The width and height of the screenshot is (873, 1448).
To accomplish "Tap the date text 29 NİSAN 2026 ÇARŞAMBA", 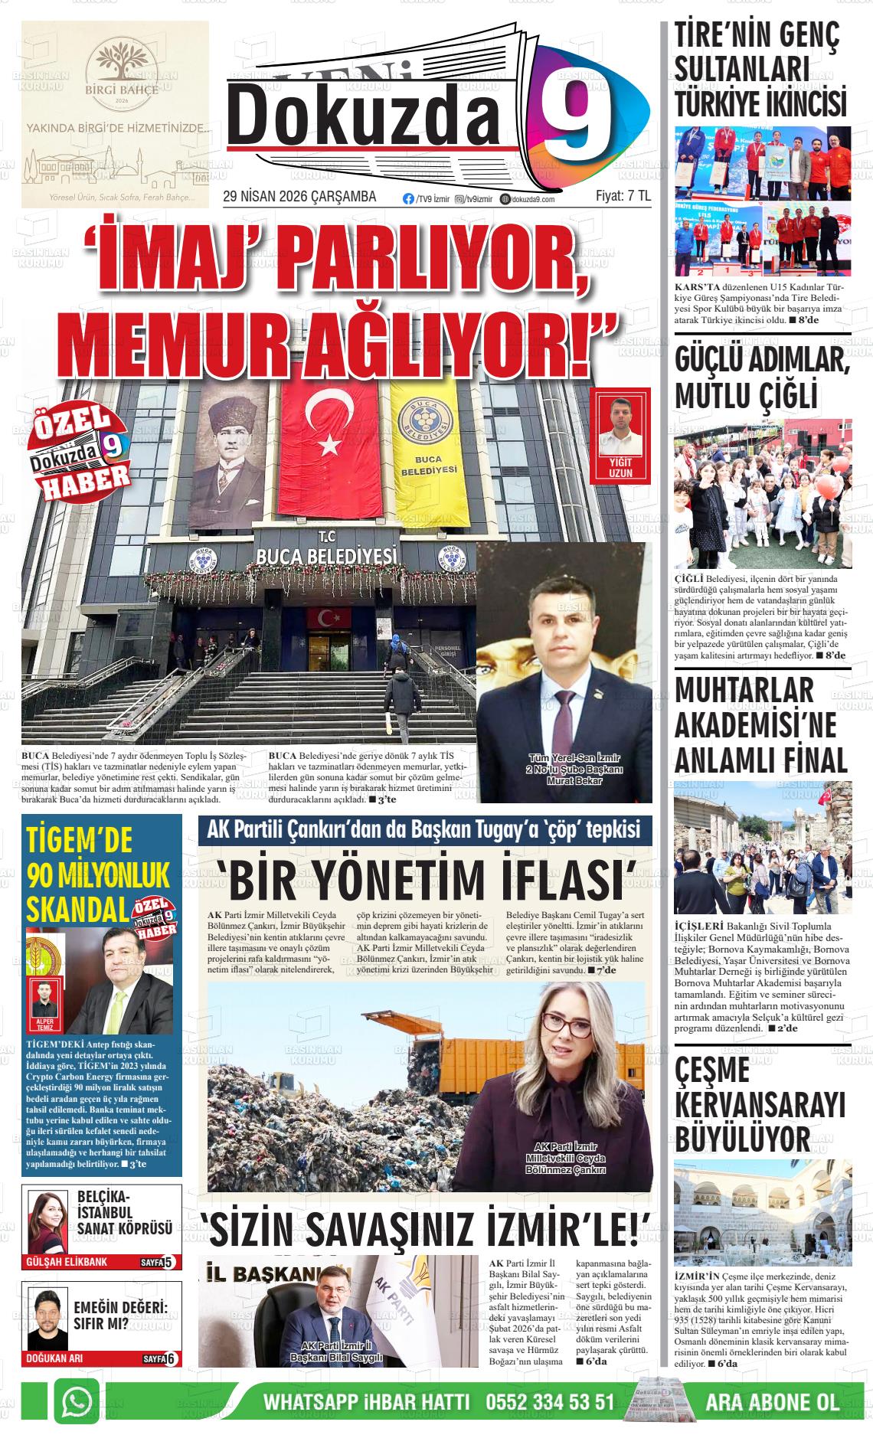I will (299, 197).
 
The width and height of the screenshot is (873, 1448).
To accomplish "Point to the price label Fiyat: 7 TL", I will (623, 197).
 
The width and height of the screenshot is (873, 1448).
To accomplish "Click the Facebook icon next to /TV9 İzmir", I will (408, 198).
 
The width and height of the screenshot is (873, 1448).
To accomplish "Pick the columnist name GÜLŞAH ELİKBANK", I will (66, 1262).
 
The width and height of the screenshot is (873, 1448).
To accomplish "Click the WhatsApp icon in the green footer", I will (77, 1401).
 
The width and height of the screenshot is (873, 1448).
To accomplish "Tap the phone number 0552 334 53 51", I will (550, 1402).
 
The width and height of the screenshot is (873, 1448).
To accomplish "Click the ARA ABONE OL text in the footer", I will (772, 1402).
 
